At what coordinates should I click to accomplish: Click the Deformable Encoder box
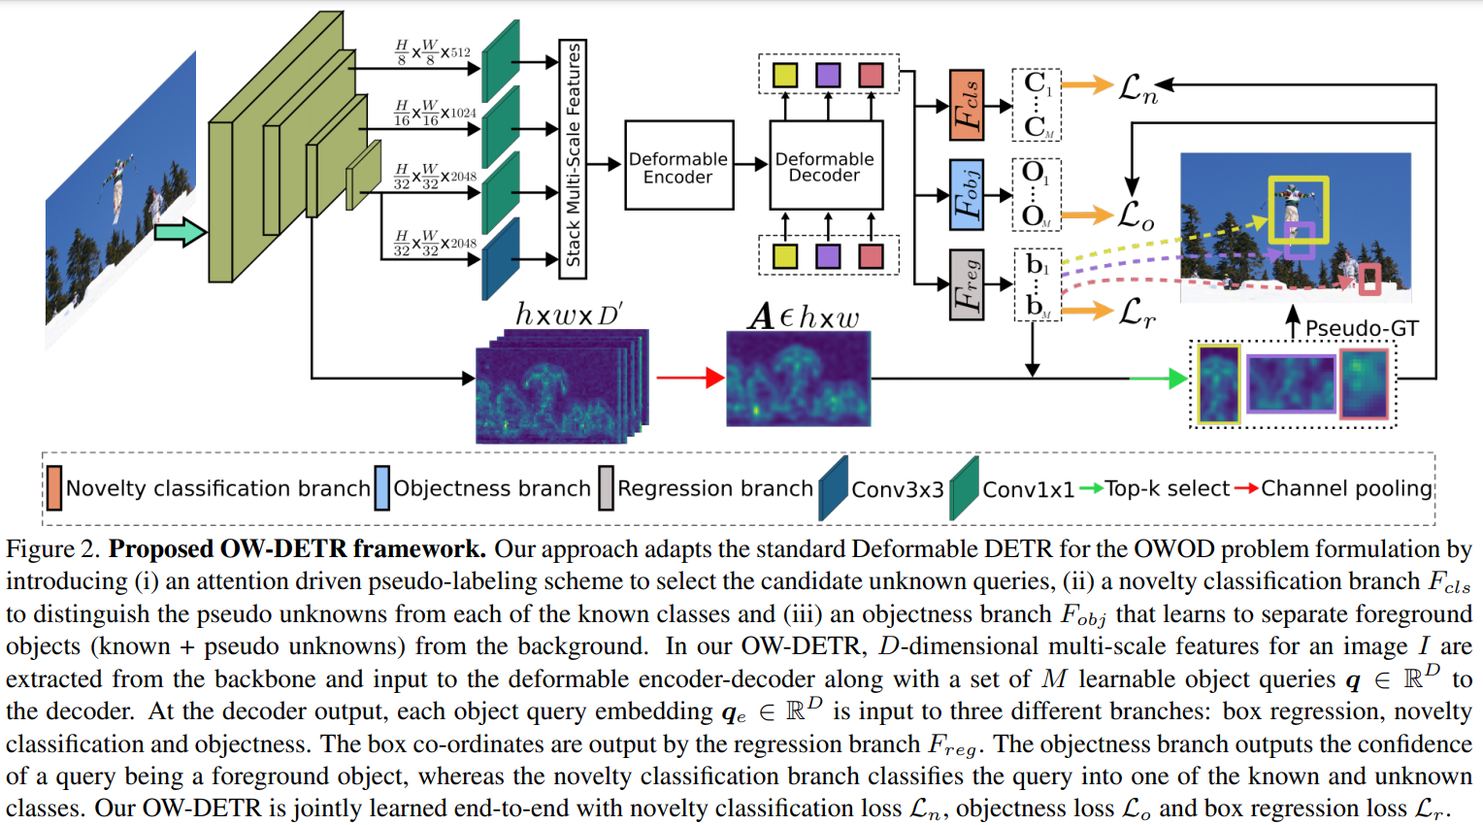[x=679, y=165]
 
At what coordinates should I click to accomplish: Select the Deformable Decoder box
[x=826, y=165]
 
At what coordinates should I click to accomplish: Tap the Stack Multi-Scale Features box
[x=573, y=159]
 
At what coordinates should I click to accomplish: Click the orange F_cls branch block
[x=967, y=105]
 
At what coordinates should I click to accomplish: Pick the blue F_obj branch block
[x=967, y=195]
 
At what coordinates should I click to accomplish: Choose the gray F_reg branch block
[x=967, y=284]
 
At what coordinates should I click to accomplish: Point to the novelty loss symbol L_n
[x=1138, y=88]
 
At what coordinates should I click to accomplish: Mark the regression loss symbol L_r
[x=1137, y=312]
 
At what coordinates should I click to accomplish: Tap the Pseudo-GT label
[x=1361, y=328]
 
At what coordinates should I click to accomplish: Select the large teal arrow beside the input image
[x=181, y=232]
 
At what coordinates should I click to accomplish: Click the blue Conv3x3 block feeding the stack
[x=501, y=259]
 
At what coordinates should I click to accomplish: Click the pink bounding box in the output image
[x=1369, y=280]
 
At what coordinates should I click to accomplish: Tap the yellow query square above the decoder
[x=785, y=75]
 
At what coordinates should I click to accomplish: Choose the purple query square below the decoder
[x=828, y=256]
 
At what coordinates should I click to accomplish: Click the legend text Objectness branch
[x=492, y=488]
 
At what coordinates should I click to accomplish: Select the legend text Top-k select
[x=1168, y=488]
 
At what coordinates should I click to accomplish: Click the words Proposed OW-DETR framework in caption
[x=297, y=549]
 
